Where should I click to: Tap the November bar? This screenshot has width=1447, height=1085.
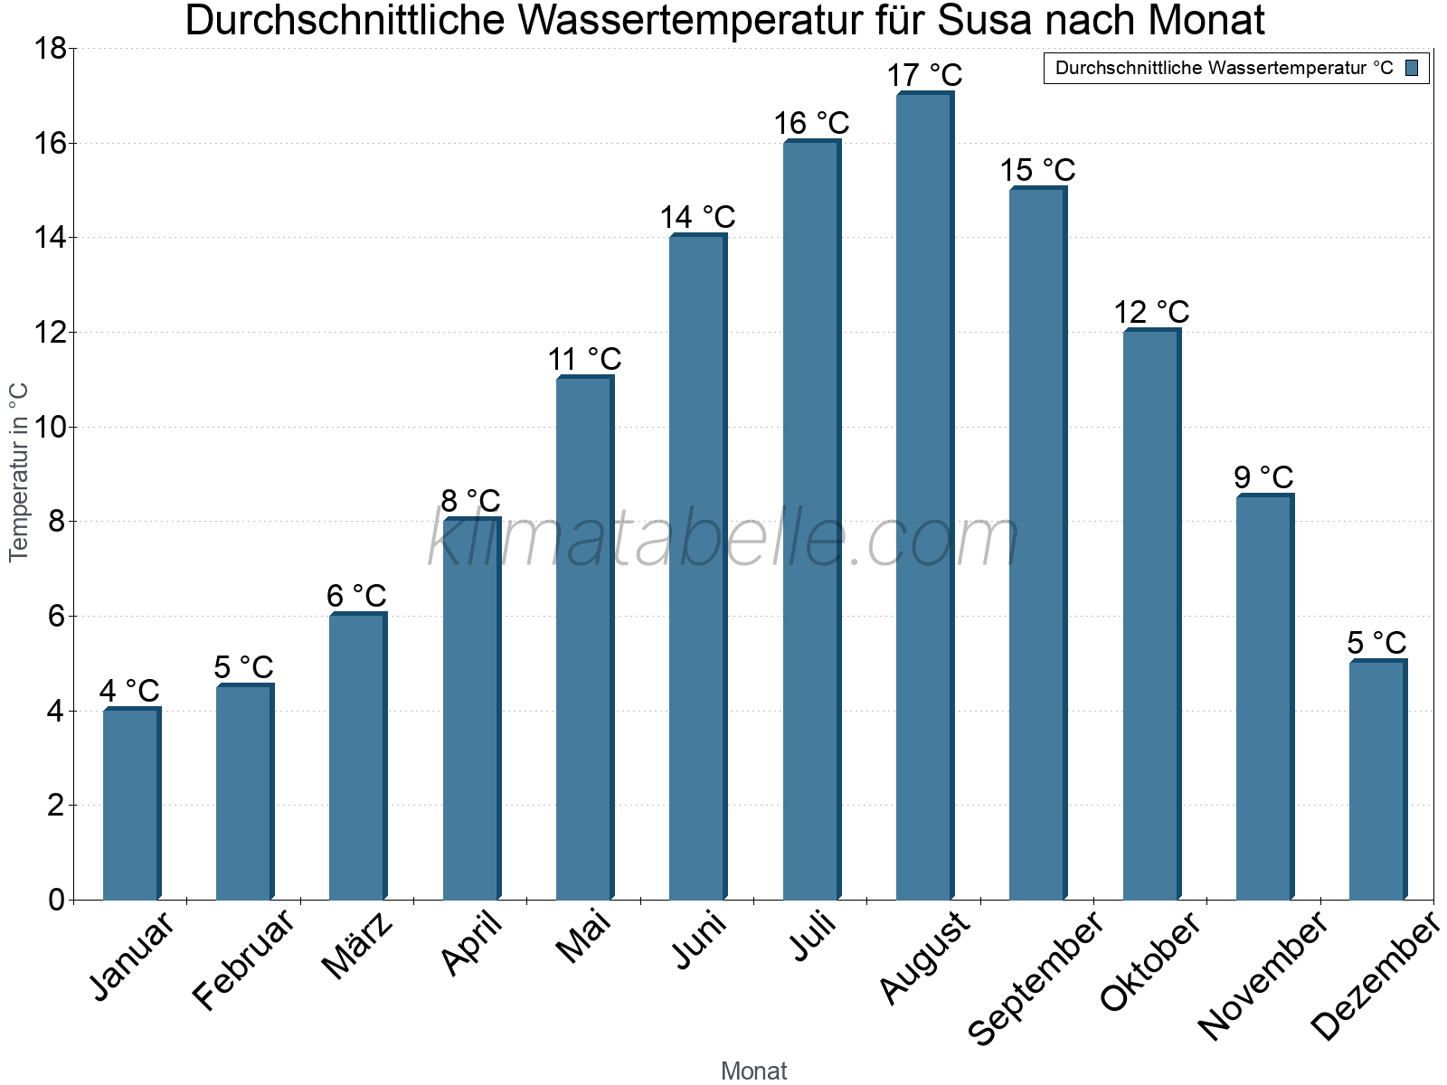tap(1264, 696)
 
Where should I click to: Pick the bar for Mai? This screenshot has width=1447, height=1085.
tap(584, 637)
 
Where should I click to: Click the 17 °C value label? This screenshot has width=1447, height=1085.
tap(924, 75)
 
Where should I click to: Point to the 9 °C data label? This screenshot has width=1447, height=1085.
tap(1264, 477)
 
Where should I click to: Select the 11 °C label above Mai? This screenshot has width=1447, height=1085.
tap(584, 359)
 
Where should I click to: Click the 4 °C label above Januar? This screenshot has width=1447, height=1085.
tap(129, 692)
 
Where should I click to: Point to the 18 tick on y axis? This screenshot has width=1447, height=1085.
tap(50, 49)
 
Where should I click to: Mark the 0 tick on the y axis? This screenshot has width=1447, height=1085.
tap(56, 900)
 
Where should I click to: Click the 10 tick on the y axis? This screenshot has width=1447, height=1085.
tap(50, 427)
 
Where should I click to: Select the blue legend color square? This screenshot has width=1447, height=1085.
tap(1412, 68)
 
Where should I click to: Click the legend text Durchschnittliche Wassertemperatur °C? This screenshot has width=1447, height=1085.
tap(1224, 68)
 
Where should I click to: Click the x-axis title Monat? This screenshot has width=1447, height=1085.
tap(753, 1071)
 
